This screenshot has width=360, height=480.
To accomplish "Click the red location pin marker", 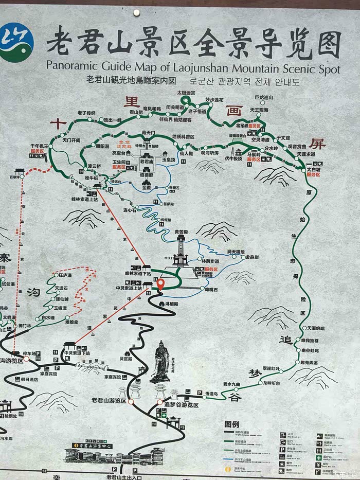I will (160, 283).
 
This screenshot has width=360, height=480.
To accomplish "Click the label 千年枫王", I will (39, 146).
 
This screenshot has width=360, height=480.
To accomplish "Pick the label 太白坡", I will (314, 169).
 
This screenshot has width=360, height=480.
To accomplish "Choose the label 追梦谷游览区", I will (181, 405).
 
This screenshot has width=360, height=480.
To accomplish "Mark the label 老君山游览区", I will (109, 400).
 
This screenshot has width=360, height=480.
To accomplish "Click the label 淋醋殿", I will (171, 305).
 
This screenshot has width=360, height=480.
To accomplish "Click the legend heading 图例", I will (232, 424).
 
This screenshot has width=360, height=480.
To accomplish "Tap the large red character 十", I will (58, 123).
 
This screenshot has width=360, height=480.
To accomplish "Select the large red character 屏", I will (317, 145).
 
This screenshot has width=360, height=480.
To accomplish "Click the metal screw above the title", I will (136, 12).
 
